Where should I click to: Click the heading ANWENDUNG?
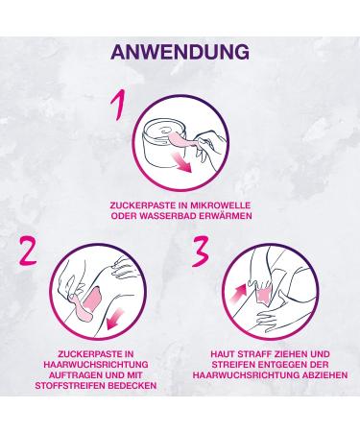coord(180,52)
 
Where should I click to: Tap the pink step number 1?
coord(117,105)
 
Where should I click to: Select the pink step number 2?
coord(28,252)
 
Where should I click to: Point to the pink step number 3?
coord(200,252)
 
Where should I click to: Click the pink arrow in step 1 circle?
coord(181,162)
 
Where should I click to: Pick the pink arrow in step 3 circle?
coord(238,293)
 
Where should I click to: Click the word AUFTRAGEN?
coord(75,374)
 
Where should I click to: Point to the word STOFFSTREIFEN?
coord(70,386)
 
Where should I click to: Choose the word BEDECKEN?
coord(132,386)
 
